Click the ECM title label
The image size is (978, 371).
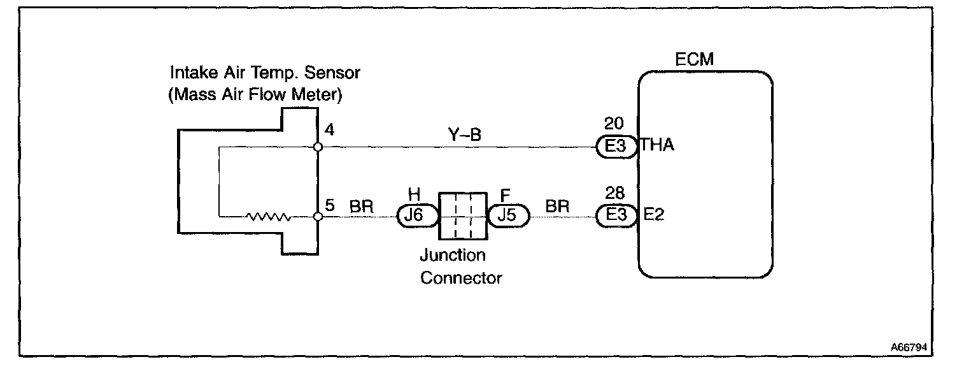pos(694,60)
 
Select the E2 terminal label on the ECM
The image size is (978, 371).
pos(654,215)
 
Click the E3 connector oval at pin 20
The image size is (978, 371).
pos(616,147)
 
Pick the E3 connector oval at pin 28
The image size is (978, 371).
pos(616,215)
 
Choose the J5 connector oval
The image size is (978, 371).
pos(507,215)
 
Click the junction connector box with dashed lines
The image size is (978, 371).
pos(463,215)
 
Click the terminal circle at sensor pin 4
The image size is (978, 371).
pos(318,147)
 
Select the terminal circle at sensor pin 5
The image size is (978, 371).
pos(318,217)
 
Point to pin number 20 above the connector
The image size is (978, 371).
pos(615,124)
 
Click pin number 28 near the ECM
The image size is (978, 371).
pos(615,193)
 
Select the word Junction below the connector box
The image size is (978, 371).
pos(452,256)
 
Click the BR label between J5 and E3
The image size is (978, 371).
pos(557,207)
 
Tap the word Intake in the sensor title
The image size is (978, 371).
pos(187,73)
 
